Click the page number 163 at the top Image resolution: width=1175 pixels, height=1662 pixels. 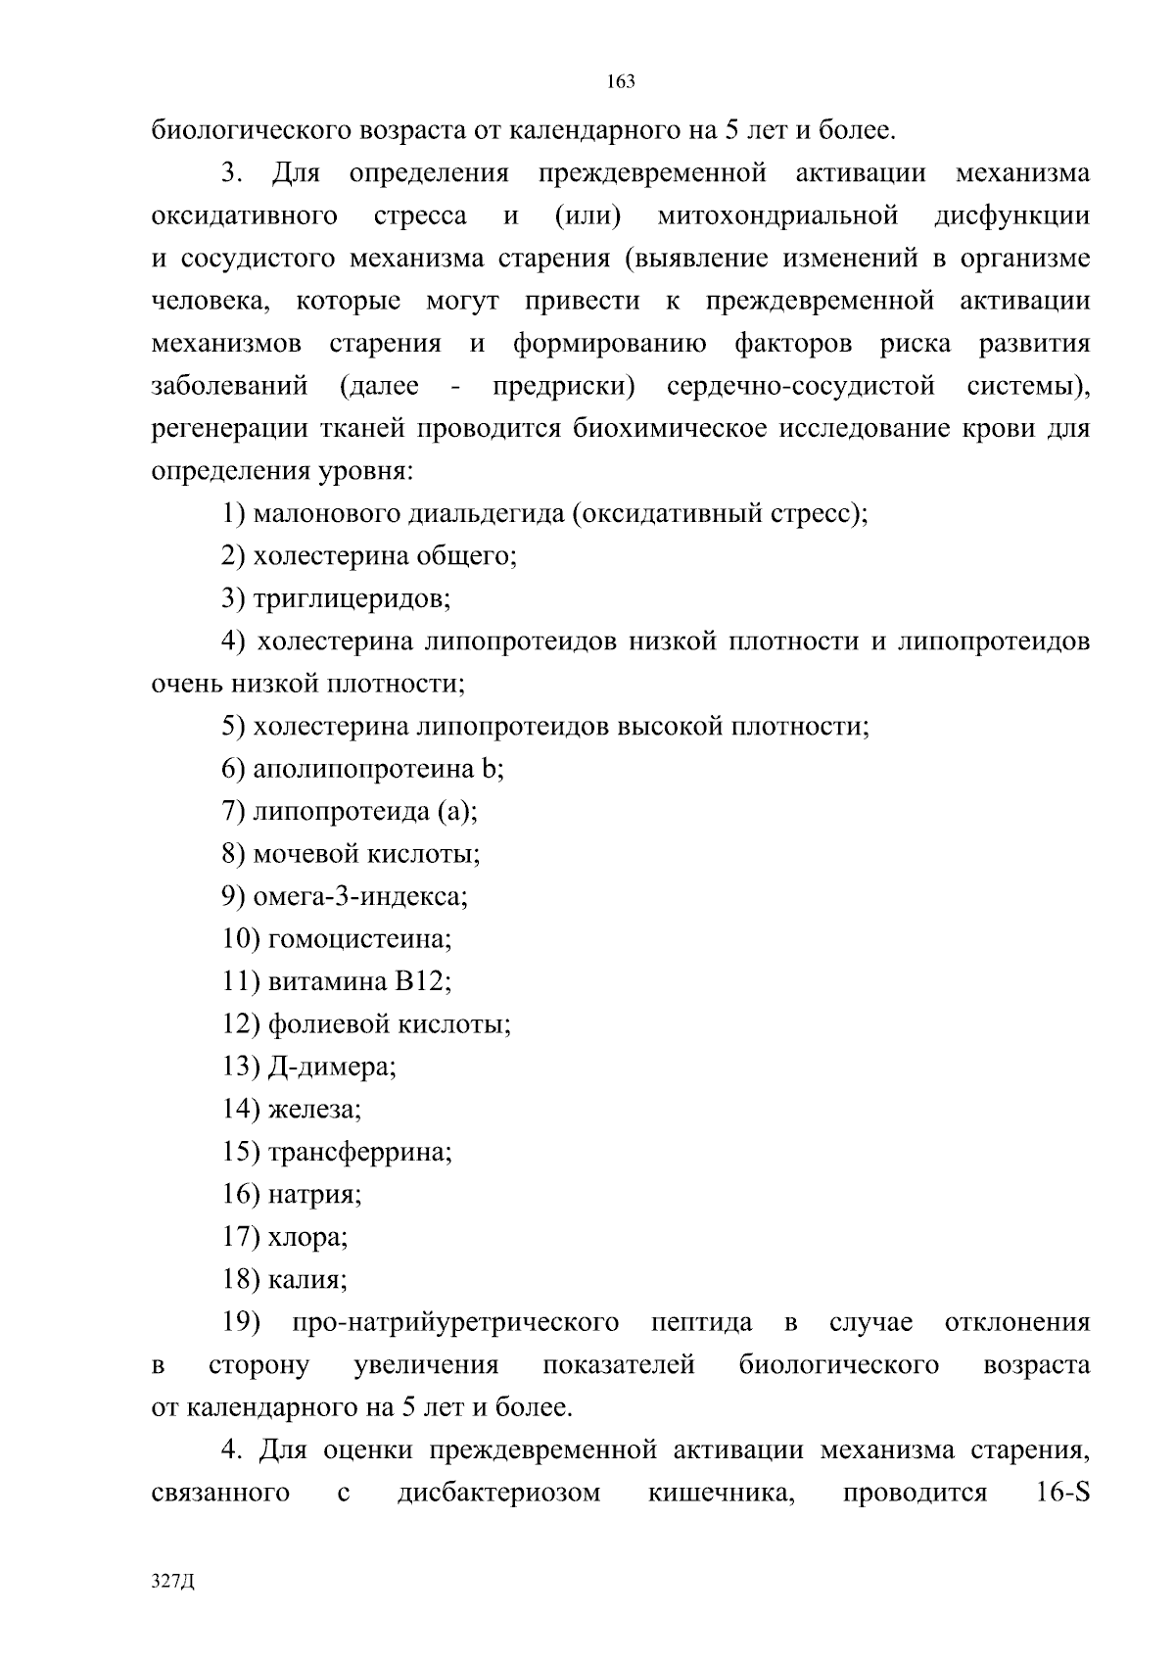click(621, 82)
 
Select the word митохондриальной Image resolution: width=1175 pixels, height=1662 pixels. click(778, 215)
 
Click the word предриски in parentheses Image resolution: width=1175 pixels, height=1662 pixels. click(562, 386)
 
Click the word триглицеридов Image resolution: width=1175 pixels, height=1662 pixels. click(350, 598)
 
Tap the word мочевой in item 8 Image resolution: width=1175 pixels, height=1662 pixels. click(306, 854)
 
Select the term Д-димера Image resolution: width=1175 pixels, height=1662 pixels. click(331, 1067)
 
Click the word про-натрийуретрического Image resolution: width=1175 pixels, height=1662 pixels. click(455, 1323)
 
